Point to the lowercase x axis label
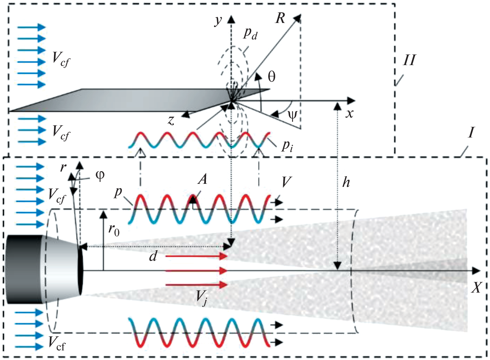349,114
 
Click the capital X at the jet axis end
476,288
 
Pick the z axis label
171,120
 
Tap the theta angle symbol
271,76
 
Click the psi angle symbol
292,116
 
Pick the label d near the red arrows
153,256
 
